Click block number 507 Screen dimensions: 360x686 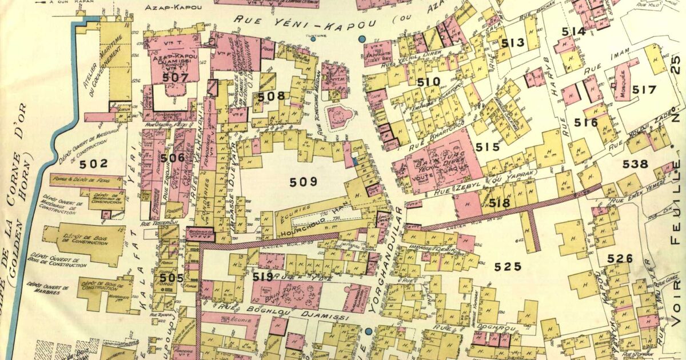point(175,77)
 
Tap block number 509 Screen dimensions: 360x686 point(303,182)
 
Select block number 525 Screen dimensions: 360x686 point(508,266)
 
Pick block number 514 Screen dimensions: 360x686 point(573,31)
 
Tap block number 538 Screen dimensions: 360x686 point(635,165)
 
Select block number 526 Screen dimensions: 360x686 point(620,259)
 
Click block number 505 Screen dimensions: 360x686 point(171,278)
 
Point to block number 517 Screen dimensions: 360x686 point(644,90)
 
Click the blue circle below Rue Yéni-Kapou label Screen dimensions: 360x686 point(361,39)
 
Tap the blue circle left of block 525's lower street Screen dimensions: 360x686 point(369,331)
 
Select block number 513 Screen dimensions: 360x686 point(513,43)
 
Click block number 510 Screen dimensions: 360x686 point(428,82)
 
